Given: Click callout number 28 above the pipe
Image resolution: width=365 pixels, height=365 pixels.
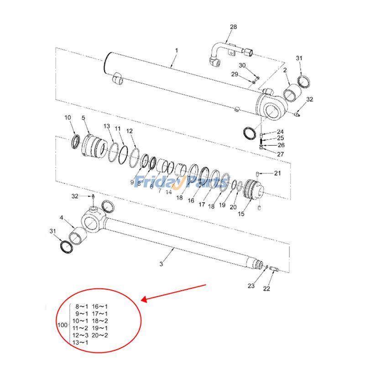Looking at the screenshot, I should click(233, 27).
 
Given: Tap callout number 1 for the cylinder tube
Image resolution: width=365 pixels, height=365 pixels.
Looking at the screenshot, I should click(177, 50).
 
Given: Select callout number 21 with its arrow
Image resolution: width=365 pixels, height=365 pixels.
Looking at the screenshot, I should click(277, 173).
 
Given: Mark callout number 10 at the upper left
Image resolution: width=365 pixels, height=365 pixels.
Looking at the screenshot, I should click(68, 118).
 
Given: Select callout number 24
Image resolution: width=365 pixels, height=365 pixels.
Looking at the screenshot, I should click(280, 131).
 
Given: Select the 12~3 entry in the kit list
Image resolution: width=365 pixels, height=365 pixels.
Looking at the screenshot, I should click(80, 335).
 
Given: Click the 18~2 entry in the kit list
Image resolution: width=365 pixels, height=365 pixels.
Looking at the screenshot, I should click(100, 321).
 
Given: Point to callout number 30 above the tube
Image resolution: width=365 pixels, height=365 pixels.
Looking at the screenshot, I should click(242, 65).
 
